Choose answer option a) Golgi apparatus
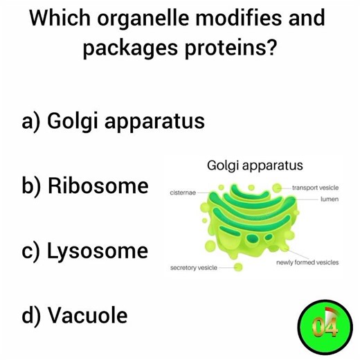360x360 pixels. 114,122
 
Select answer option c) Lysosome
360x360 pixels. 85,251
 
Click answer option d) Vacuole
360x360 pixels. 75,316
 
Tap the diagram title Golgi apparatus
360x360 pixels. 255,166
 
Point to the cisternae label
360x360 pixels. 183,192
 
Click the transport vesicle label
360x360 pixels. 315,188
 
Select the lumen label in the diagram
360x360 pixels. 329,199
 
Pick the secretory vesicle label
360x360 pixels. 194,267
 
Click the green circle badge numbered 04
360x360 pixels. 321,325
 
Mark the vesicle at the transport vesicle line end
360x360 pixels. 276,188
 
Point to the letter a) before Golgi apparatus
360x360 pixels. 32,122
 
